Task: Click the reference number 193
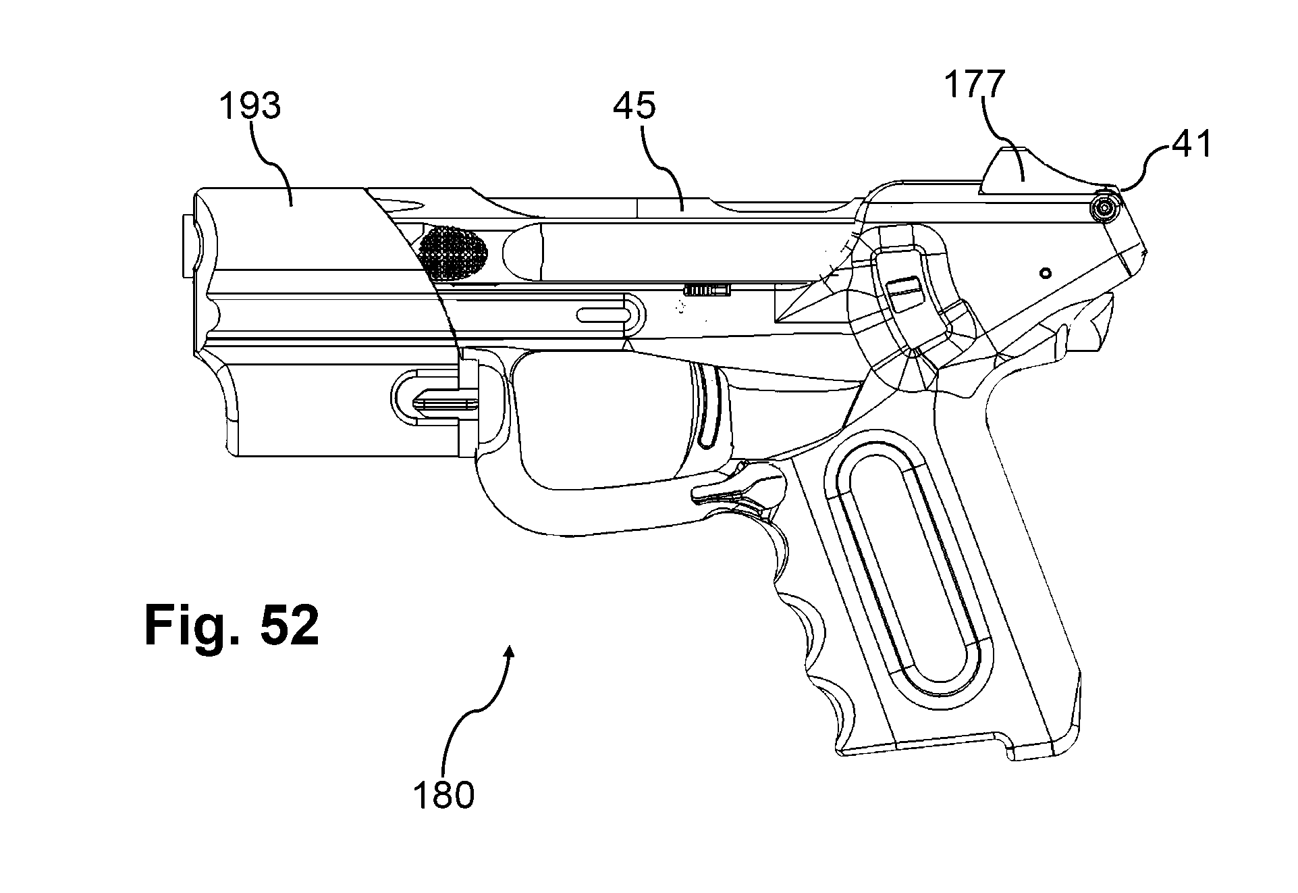[x=250, y=106]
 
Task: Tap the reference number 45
[x=634, y=106]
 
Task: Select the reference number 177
[x=974, y=84]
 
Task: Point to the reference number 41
[x=1191, y=144]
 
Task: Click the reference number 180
[x=443, y=795]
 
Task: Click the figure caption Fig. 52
[x=232, y=625]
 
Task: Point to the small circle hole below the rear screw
[x=1046, y=273]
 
